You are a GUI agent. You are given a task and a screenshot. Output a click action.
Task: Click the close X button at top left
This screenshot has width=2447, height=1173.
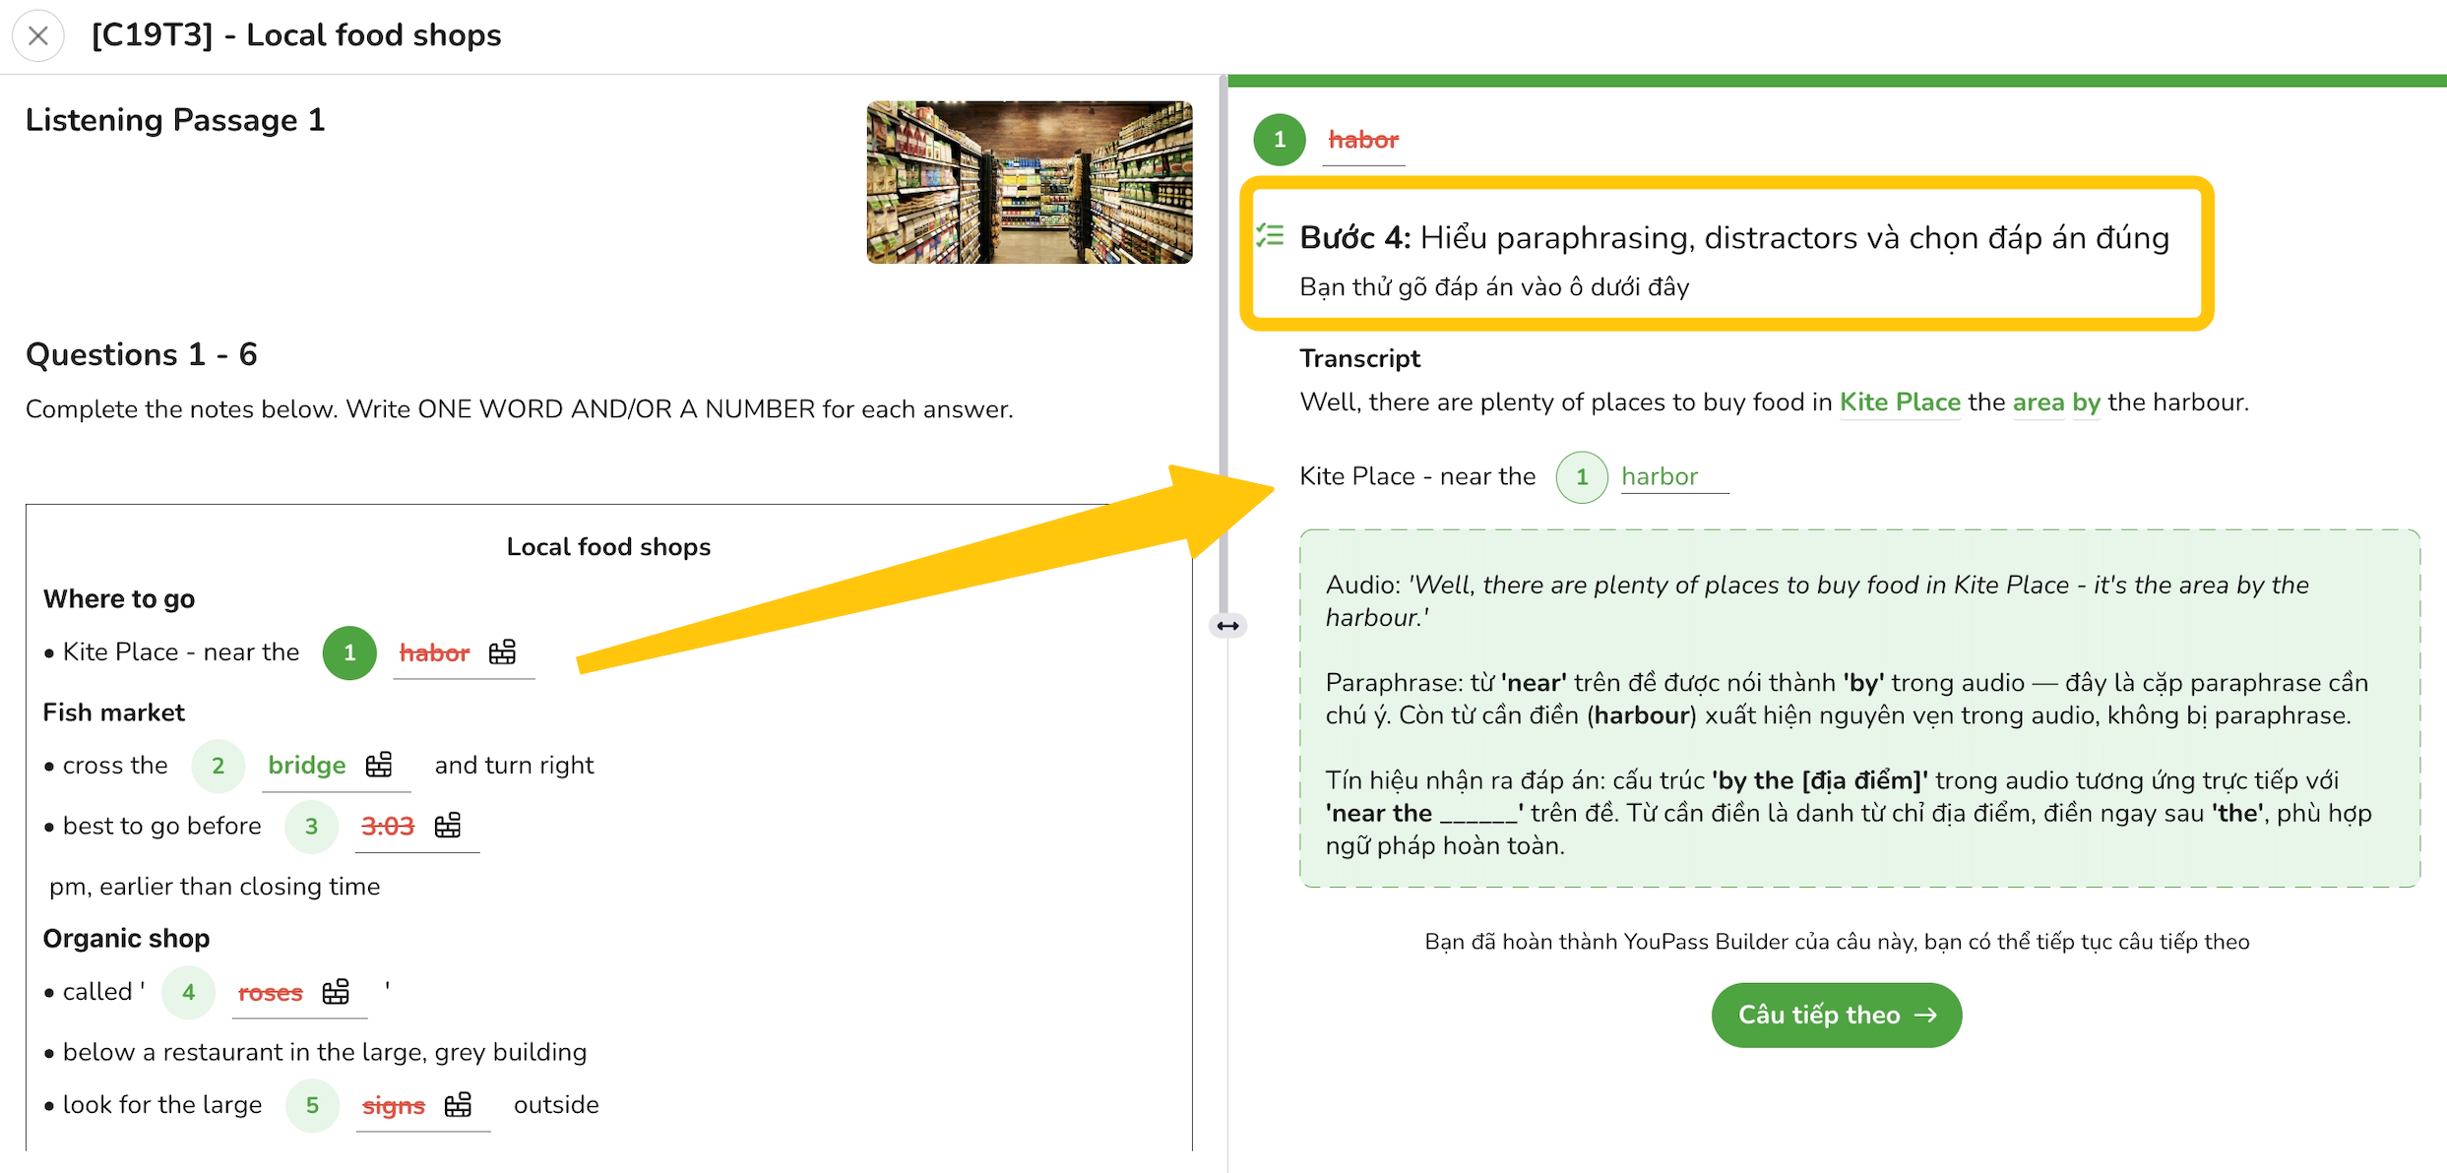tap(38, 36)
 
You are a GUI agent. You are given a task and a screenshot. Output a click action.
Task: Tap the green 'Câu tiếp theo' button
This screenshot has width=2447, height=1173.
tap(1836, 1015)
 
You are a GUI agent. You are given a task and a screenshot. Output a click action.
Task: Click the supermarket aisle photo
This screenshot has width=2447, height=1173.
tap(1030, 182)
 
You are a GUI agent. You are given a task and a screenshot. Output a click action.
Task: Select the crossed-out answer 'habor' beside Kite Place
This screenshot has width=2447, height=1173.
tap(434, 652)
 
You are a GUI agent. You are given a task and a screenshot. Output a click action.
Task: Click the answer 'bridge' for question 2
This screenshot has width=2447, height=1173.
tap(306, 765)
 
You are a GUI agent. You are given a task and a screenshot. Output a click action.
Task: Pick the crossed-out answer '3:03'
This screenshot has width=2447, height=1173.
tap(388, 826)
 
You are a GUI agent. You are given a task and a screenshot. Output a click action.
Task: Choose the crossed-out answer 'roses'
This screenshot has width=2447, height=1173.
tap(270, 993)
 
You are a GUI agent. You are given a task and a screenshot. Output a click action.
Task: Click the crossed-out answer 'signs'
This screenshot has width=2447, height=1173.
tap(394, 1106)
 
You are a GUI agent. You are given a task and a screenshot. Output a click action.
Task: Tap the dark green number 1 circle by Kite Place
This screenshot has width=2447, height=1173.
tap(349, 652)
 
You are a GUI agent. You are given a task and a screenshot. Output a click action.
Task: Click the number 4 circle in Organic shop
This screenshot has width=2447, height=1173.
tap(188, 992)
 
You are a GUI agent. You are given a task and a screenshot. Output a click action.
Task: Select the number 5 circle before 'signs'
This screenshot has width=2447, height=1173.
tap(312, 1105)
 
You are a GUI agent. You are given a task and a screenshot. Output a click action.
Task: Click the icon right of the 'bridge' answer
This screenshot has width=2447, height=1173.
tap(379, 765)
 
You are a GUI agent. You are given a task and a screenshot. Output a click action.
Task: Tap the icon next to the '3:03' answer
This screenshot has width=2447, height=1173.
tap(448, 825)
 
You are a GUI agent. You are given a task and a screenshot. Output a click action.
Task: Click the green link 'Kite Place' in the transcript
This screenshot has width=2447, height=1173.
tap(1900, 402)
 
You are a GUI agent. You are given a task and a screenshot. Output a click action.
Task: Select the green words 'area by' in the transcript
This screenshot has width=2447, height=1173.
tap(2056, 402)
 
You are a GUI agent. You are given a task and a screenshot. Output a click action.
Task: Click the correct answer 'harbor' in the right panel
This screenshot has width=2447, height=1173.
tap(1660, 476)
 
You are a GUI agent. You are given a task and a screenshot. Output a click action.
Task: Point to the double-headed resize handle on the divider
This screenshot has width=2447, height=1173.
tap(1227, 626)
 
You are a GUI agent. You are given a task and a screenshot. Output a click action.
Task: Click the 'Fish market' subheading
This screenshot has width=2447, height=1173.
tap(114, 712)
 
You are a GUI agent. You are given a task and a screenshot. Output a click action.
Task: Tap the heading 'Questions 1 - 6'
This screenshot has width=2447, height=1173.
tap(142, 354)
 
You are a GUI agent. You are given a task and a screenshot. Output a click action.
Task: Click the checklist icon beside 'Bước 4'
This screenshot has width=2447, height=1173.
tap(1270, 235)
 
